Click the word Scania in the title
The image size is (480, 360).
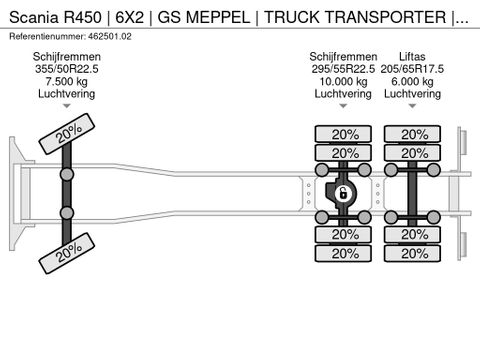click(32, 14)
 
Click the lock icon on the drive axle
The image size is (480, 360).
click(342, 194)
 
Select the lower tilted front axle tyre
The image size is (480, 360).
click(68, 250)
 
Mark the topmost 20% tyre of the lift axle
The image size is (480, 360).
click(411, 134)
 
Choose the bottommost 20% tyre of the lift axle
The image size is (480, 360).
click(411, 253)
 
